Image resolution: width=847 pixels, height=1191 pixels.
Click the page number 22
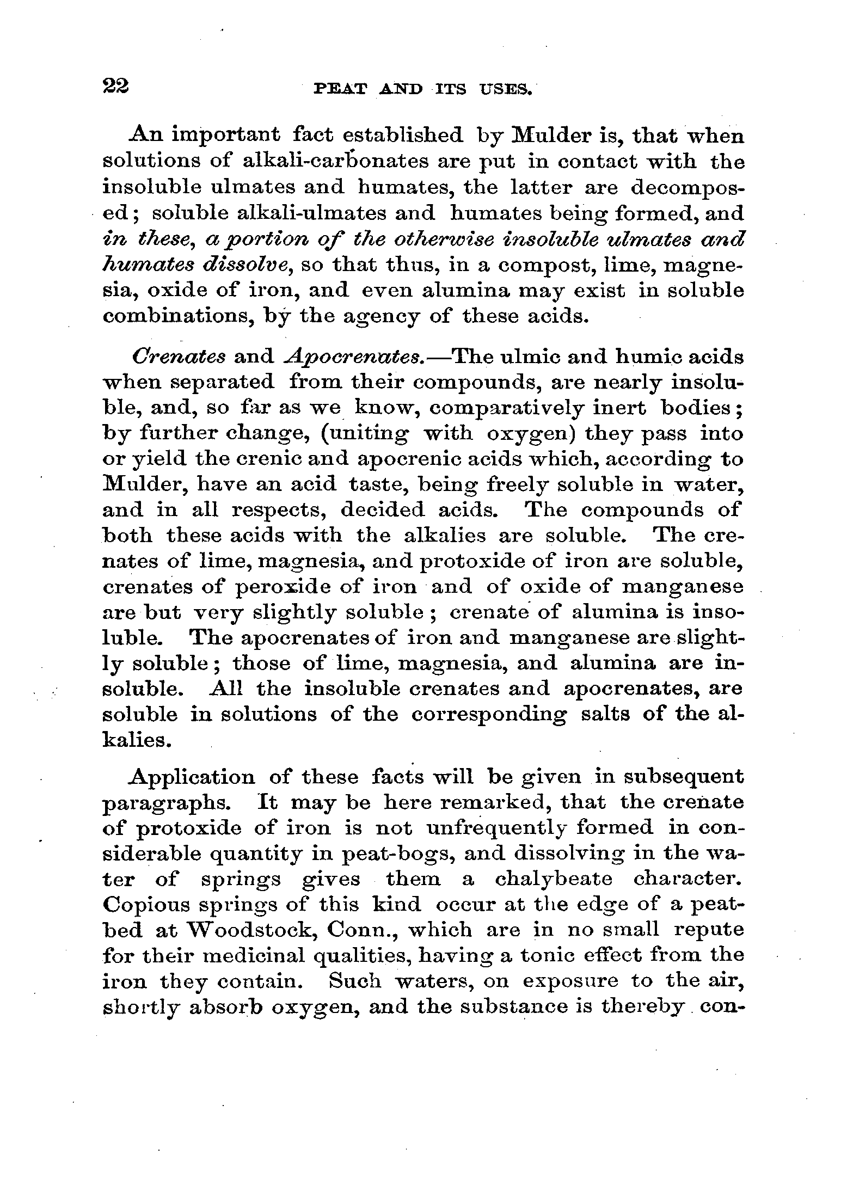pyautogui.click(x=115, y=87)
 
